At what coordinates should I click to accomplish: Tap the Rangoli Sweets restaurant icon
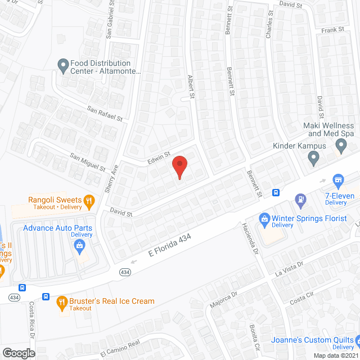pyautogui.click(x=88, y=200)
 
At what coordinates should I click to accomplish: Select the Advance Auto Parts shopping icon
pyautogui.click(x=80, y=245)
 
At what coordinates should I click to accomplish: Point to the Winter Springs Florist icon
pyautogui.click(x=263, y=218)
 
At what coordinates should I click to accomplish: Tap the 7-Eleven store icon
pyautogui.click(x=338, y=180)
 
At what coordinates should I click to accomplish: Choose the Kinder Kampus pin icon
pyautogui.click(x=314, y=160)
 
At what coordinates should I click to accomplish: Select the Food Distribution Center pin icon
pyautogui.click(x=63, y=66)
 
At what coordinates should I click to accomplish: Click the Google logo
pyautogui.click(x=18, y=353)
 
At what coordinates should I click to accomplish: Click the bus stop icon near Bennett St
pyautogui.click(x=276, y=192)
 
